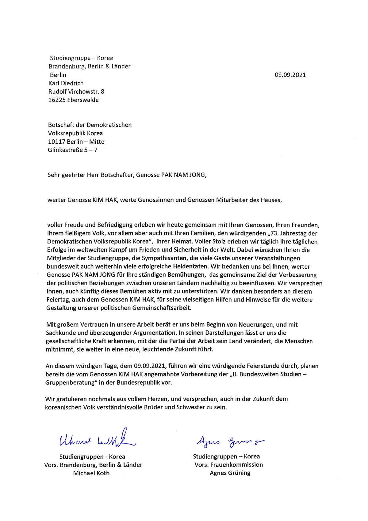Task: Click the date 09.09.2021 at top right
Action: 290,75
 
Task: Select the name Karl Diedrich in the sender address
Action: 66,83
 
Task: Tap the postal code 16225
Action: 56,100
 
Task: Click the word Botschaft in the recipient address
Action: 59,125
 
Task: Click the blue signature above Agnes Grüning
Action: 229,441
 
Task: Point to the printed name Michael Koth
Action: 91,473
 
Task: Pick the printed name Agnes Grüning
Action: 230,473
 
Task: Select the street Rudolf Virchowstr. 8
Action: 76,91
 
